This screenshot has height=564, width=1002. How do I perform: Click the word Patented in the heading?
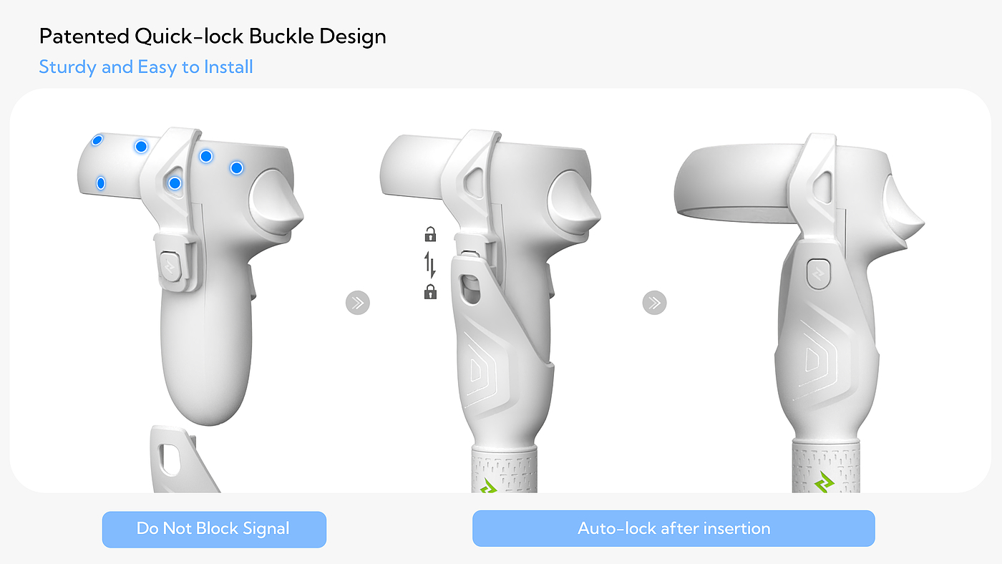[84, 37]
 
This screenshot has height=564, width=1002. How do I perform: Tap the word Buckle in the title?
[281, 37]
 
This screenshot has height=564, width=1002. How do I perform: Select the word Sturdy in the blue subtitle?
[67, 67]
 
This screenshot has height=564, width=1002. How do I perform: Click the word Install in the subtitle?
[228, 67]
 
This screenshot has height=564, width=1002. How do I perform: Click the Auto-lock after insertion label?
[673, 528]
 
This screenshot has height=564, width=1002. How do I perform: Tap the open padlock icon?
[430, 234]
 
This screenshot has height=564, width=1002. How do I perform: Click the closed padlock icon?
[430, 291]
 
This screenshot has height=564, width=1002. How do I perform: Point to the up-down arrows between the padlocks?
[430, 264]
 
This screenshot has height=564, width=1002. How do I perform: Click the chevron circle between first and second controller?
[358, 303]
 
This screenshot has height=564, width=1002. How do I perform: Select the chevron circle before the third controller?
[654, 303]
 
